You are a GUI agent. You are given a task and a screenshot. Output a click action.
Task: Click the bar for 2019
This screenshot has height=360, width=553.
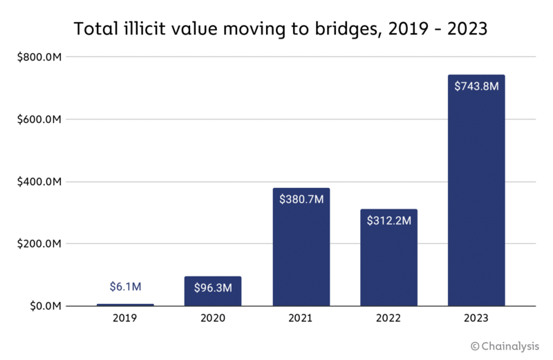pyautogui.click(x=125, y=305)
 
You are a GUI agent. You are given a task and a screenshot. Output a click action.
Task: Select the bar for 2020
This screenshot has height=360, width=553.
pyautogui.click(x=213, y=291)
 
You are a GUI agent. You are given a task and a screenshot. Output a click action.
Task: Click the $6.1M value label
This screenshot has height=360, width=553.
pyautogui.click(x=125, y=286)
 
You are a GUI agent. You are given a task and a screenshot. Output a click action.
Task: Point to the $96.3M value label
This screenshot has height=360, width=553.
pyautogui.click(x=213, y=286)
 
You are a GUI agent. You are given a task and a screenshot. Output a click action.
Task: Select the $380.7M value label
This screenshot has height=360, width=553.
pyautogui.click(x=301, y=199)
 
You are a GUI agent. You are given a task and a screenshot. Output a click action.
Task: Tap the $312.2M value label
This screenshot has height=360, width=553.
pyautogui.click(x=388, y=220)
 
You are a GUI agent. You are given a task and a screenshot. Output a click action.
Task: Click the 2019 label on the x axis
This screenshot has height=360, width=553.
pyautogui.click(x=125, y=319)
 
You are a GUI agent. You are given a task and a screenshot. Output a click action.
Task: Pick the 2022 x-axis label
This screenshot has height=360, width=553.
pyautogui.click(x=388, y=319)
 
